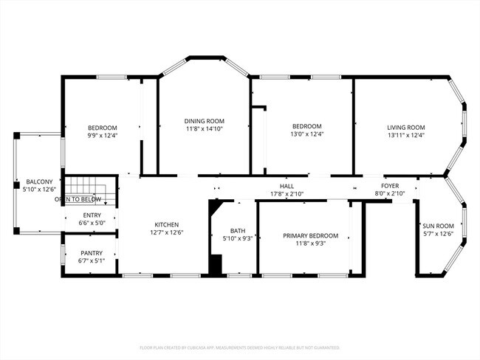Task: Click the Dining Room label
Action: coord(205,121)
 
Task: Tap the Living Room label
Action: coord(406,127)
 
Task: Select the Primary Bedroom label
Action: coord(311,236)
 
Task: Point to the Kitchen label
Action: coord(166,225)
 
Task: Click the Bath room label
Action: coord(238,230)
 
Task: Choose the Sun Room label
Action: coord(438,226)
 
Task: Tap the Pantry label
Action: coord(92,253)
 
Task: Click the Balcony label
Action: coord(39,181)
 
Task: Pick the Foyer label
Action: coord(390,186)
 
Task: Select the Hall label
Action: coord(287,186)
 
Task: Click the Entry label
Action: coord(92,215)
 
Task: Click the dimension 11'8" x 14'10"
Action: coord(205,129)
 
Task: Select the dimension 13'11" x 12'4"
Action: coord(406,135)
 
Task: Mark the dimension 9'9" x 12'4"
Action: coord(103,135)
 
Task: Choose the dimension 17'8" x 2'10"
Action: coord(287,194)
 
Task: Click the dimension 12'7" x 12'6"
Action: coord(166,233)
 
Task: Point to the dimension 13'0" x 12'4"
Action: coord(306,134)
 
